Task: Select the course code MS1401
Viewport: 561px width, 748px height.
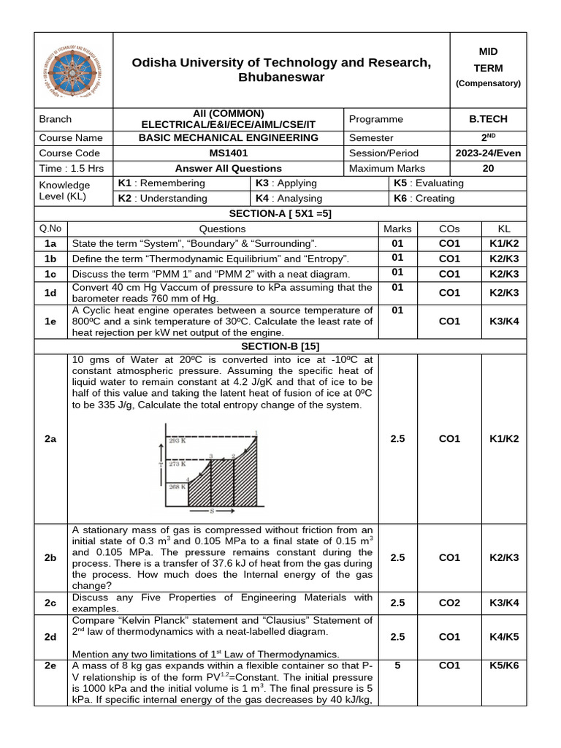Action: (228, 153)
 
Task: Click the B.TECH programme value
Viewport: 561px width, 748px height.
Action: (488, 119)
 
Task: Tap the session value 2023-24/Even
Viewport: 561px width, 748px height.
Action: (488, 153)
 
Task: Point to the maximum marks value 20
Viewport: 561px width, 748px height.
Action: (488, 169)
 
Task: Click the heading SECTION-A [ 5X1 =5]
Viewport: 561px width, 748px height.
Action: (280, 213)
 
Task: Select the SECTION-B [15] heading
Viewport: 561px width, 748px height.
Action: (280, 346)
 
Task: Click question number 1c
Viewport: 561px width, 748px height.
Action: (50, 274)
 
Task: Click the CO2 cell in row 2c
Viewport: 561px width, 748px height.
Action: (449, 603)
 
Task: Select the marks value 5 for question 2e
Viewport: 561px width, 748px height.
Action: (397, 665)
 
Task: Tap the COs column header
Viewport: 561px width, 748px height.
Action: (449, 229)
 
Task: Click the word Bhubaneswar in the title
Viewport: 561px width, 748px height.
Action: (281, 77)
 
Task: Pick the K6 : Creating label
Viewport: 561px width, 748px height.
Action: (424, 198)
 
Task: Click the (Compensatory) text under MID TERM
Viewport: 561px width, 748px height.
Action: (488, 83)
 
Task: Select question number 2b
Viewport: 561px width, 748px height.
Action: (50, 557)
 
